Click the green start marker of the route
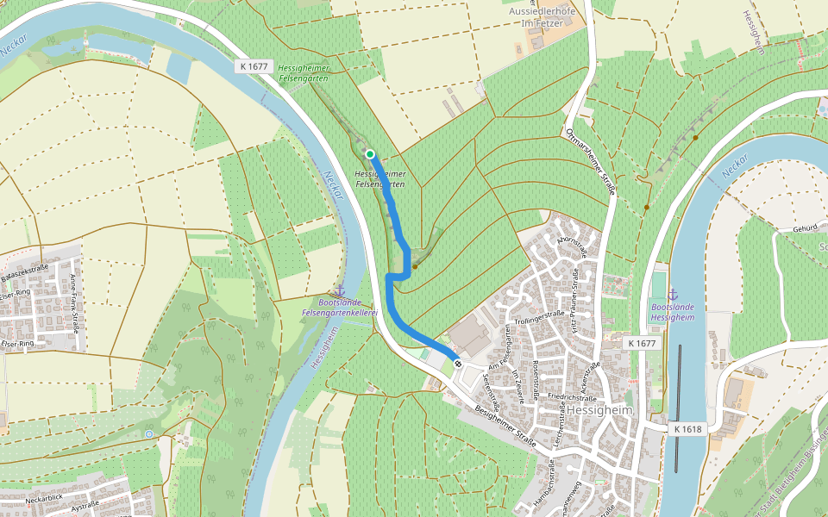[370, 154]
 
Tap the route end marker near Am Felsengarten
[458, 363]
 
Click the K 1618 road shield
[687, 428]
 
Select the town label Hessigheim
[599, 411]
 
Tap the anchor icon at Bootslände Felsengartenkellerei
[339, 291]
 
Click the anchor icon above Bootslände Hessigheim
[674, 295]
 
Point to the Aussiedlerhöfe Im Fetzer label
[543, 17]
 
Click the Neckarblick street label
[45, 499]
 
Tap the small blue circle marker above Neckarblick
[149, 433]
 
